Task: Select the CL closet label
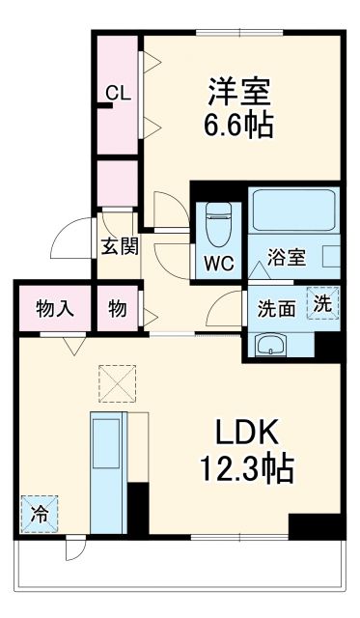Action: pos(118,94)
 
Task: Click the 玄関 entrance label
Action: pos(119,245)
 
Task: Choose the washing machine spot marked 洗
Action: pos(324,302)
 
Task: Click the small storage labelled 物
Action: pos(118,308)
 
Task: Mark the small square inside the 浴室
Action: pos(331,260)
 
